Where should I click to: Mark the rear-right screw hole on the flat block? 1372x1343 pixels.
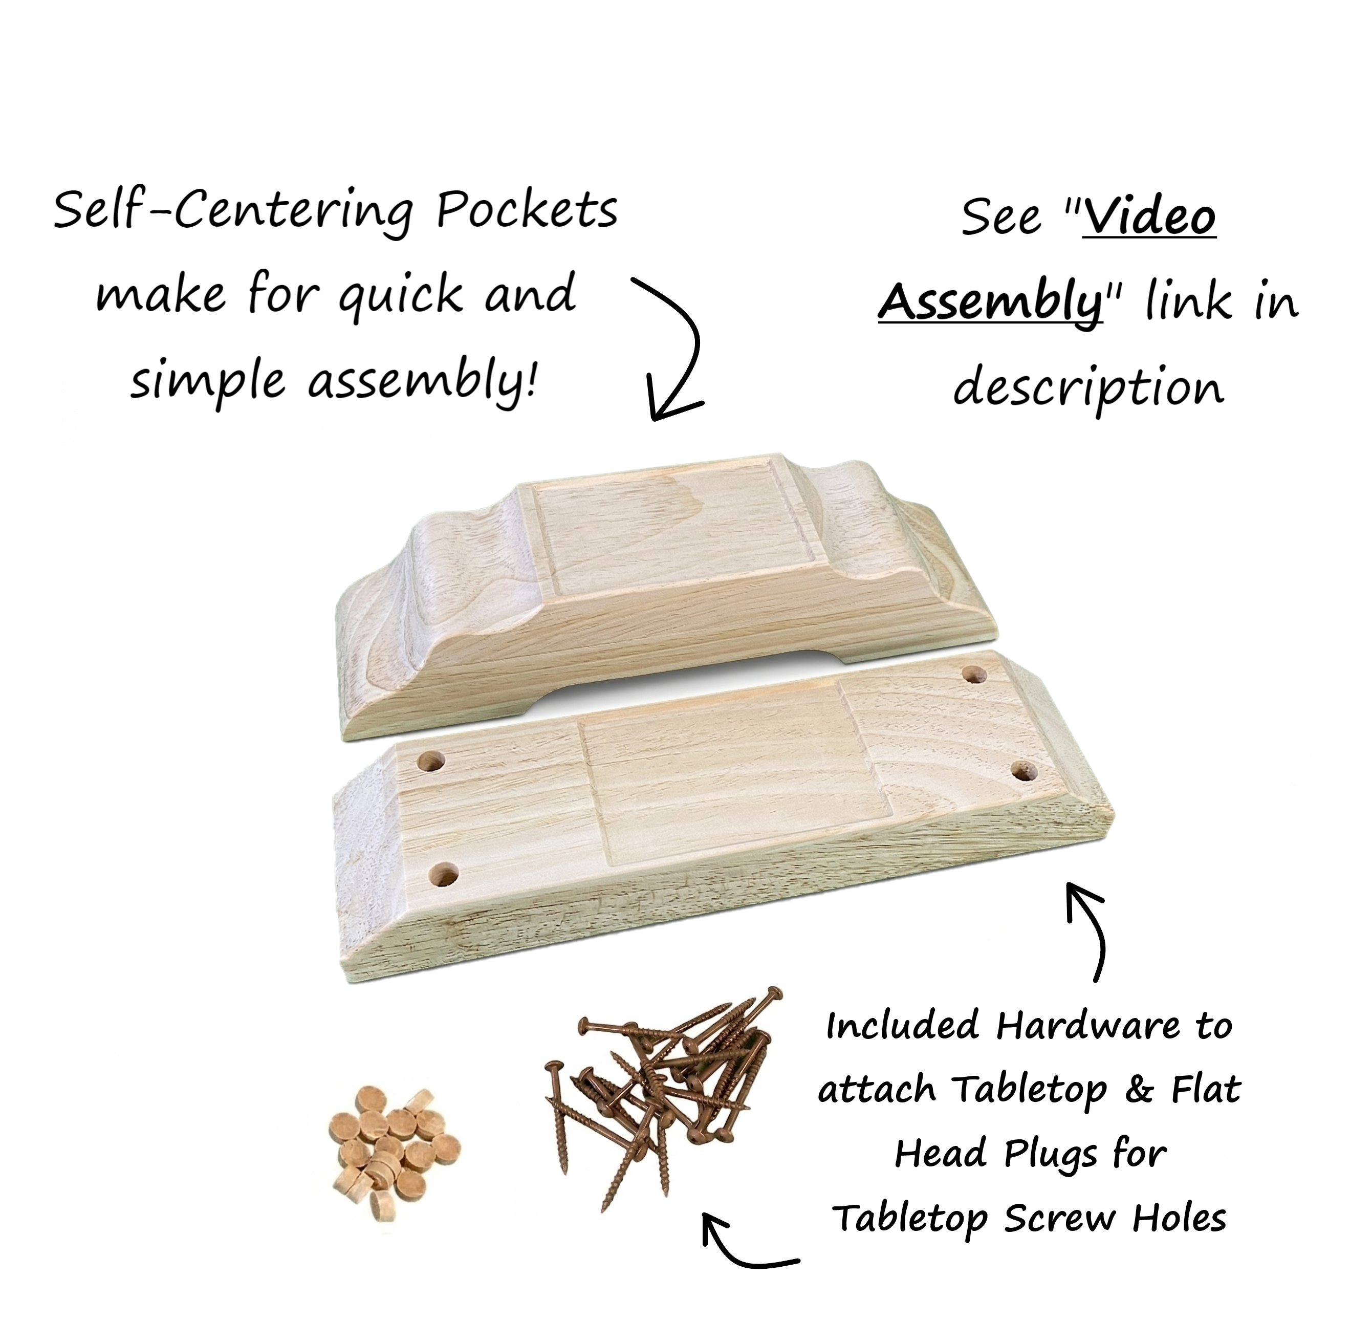tap(975, 675)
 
